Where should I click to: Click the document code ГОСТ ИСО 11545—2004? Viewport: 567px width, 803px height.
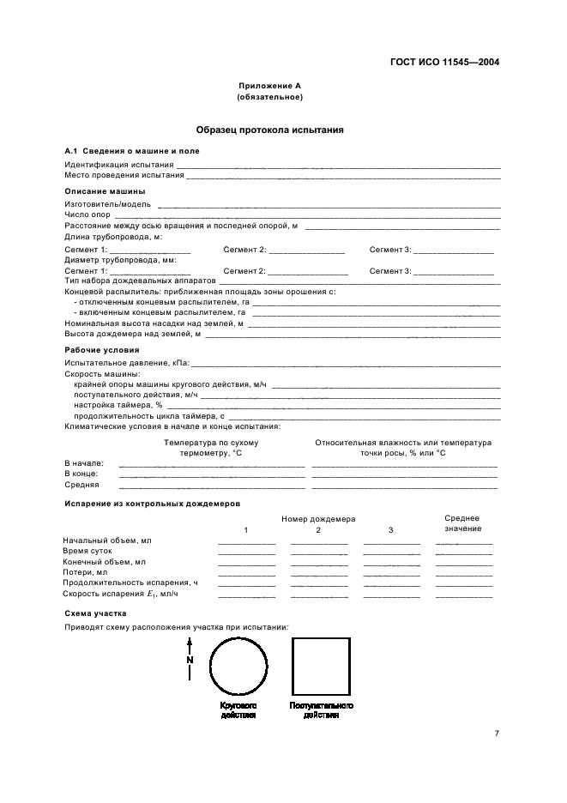(445, 62)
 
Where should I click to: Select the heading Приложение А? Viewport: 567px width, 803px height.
(269, 87)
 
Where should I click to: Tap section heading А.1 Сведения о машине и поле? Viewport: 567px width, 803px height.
(132, 151)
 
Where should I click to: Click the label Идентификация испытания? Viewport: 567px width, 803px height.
(119, 164)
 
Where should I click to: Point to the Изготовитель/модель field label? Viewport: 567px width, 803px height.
(108, 204)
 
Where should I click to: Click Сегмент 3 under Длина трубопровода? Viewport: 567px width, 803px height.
(390, 249)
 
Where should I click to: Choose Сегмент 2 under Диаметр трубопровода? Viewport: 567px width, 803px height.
(244, 270)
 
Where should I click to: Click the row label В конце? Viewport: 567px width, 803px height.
(81, 473)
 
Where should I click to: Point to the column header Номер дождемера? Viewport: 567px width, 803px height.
(318, 519)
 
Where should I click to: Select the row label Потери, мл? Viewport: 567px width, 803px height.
(85, 571)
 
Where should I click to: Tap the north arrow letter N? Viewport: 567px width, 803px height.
(190, 660)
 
